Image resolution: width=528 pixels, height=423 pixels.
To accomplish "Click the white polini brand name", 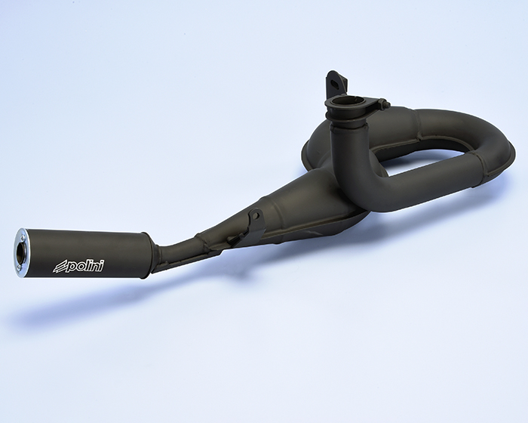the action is pyautogui.click(x=84, y=266).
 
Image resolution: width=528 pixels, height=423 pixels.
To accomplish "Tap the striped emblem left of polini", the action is pyautogui.click(x=58, y=267).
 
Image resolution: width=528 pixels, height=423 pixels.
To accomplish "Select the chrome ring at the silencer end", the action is pyautogui.click(x=22, y=250).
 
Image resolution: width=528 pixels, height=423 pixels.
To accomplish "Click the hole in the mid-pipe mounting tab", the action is pyautogui.click(x=256, y=215).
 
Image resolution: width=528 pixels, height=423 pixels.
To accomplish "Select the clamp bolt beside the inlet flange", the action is pyautogui.click(x=382, y=103).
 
